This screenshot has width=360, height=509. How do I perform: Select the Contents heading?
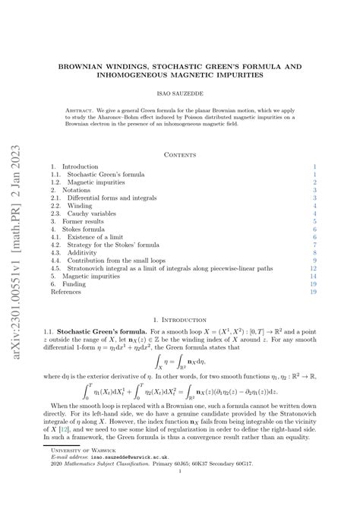click(x=179, y=153)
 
